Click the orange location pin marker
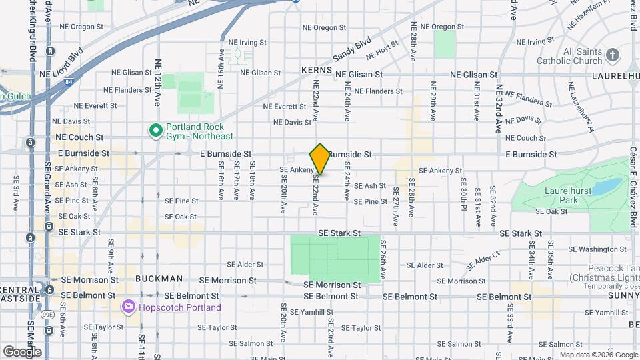pyautogui.click(x=320, y=159)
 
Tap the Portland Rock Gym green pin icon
pyautogui.click(x=156, y=131)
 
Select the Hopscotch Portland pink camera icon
pyautogui.click(x=128, y=307)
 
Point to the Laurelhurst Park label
pyautogui.click(x=559, y=194)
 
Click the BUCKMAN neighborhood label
pyautogui.click(x=159, y=279)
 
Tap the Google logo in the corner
pyautogui.click(x=21, y=351)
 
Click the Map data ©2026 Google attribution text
pyautogui.click(x=599, y=355)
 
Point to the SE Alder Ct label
pyautogui.click(x=483, y=260)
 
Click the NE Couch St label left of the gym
pyautogui.click(x=79, y=137)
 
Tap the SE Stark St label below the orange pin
pyautogui.click(x=339, y=233)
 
